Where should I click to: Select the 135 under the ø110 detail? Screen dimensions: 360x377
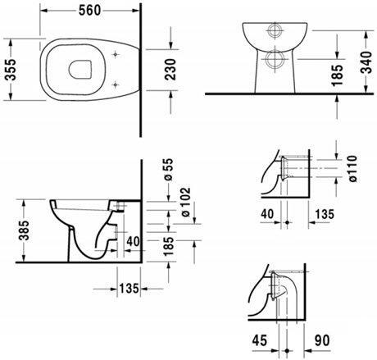coord(325,216)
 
